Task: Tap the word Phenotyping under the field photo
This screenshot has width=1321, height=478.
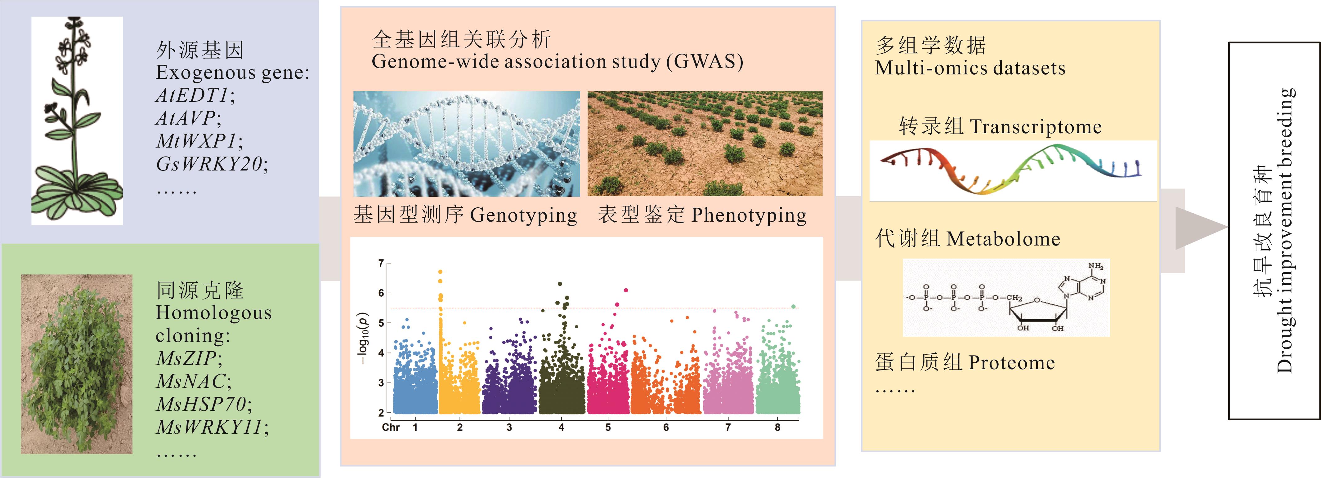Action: point(749,215)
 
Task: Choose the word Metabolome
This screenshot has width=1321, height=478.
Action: point(1003,239)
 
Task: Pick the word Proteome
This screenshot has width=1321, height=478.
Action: point(1011,363)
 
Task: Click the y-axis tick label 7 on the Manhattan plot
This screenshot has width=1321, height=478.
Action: point(381,263)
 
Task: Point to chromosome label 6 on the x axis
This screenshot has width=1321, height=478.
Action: point(666,427)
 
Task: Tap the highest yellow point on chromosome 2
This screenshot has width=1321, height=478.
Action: point(440,272)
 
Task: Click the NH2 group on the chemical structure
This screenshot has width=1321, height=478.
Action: point(1095,266)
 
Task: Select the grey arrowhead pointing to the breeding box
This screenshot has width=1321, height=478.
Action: point(1200,228)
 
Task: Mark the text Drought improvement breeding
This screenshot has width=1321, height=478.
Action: point(1285,231)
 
